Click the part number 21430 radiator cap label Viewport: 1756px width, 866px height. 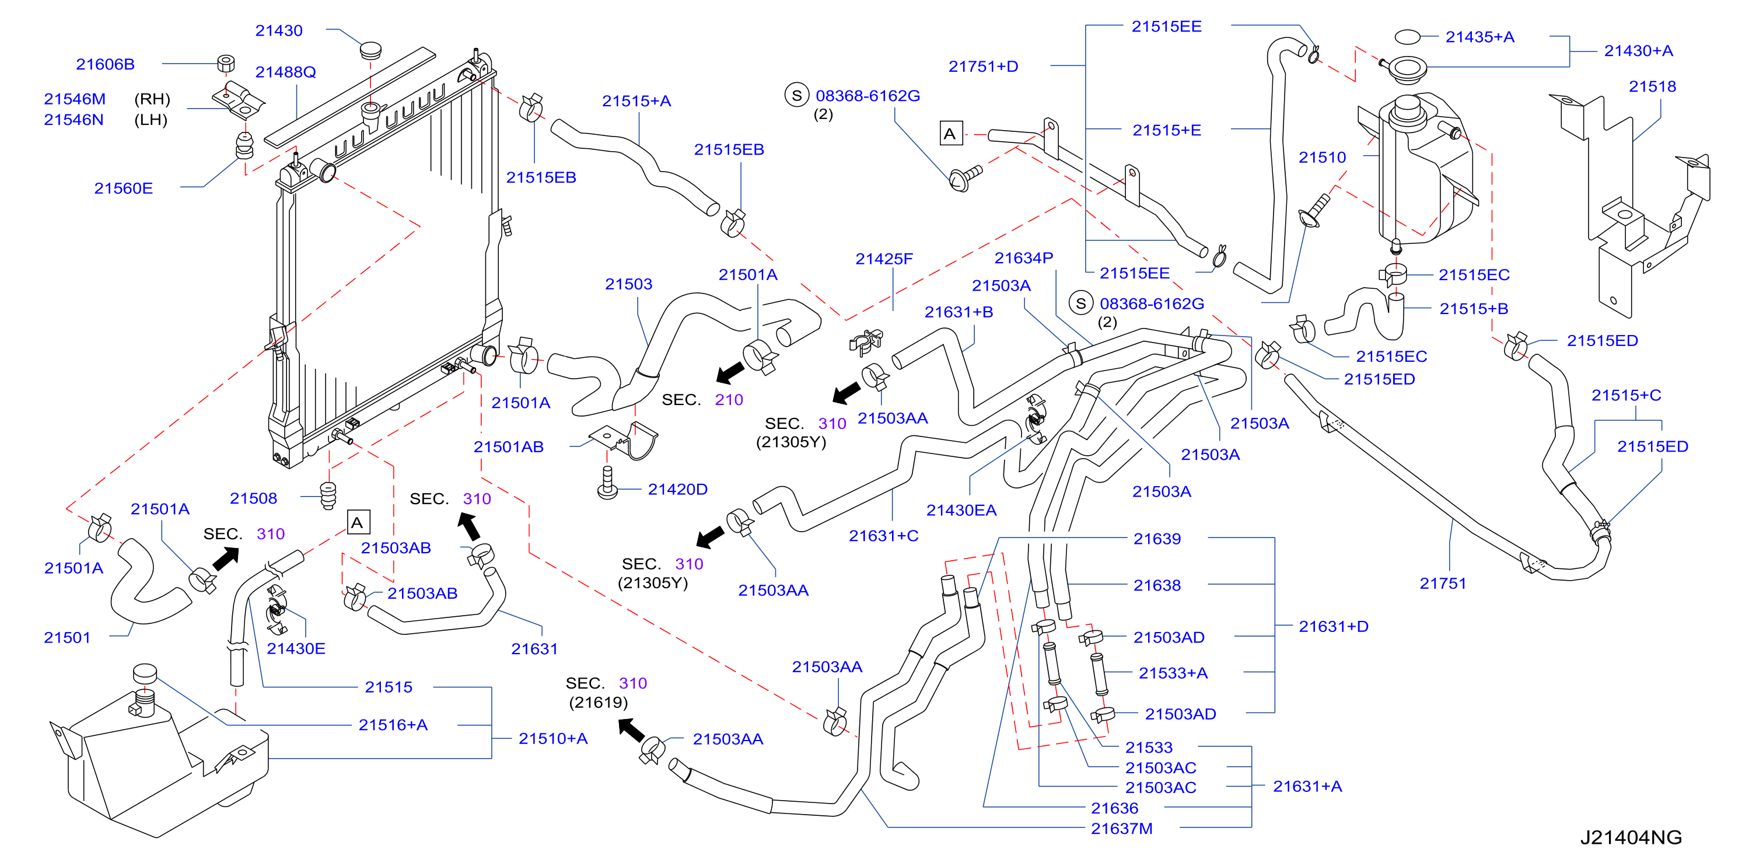tap(279, 31)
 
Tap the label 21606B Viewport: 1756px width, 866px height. tap(105, 64)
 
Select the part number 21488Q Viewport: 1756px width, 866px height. tap(286, 72)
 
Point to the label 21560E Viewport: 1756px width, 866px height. tap(123, 188)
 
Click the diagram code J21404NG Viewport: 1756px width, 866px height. tap(1631, 837)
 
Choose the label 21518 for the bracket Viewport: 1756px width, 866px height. tap(1652, 86)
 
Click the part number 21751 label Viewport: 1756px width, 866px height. tap(1442, 583)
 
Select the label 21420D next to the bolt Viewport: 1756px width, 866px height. tap(677, 489)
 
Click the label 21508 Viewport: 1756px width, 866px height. tap(254, 498)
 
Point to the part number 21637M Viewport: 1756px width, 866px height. tap(1121, 829)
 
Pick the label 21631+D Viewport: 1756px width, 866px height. tap(1334, 626)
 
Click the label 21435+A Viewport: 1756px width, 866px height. tap(1480, 37)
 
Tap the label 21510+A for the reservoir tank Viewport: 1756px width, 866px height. tap(553, 738)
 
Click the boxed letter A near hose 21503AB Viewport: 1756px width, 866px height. tap(358, 522)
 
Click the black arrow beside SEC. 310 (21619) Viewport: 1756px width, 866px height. tap(631, 729)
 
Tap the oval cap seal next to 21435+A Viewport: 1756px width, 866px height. tap(1407, 36)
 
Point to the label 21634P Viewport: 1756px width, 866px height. tap(1023, 258)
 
